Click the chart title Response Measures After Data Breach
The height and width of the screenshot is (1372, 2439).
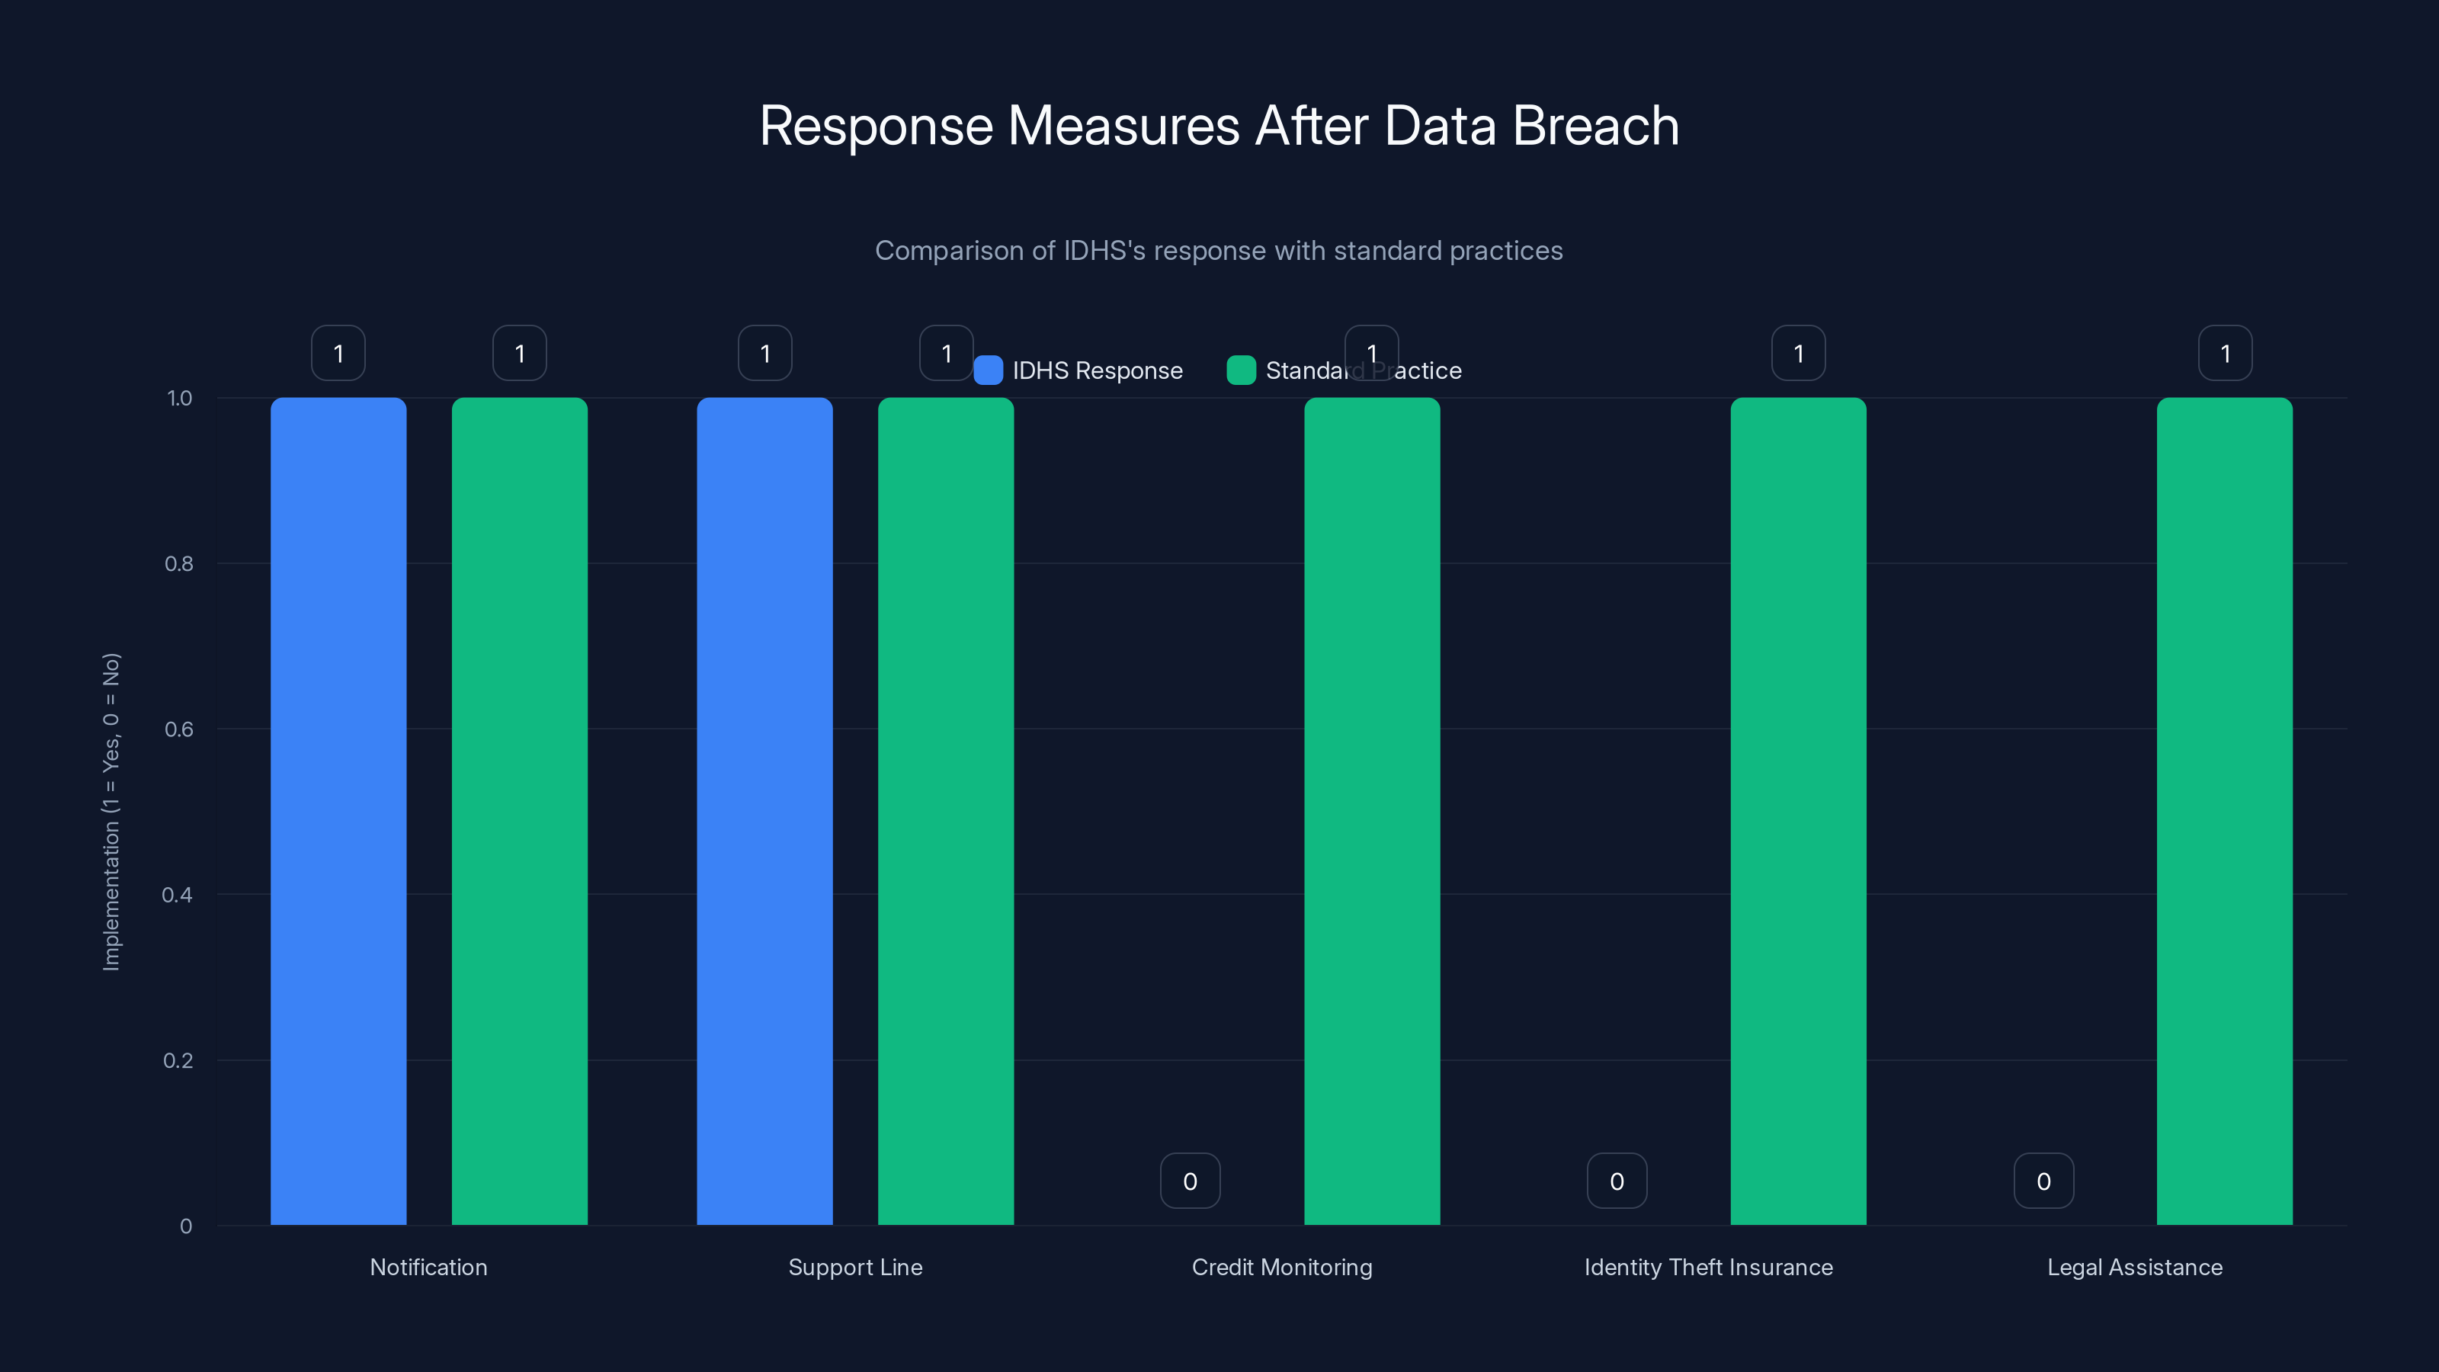coord(1219,126)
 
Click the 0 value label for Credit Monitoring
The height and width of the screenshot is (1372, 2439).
coord(1190,1181)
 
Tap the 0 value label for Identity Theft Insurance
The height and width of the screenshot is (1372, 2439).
coord(1616,1181)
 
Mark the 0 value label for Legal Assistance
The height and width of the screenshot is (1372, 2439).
coord(2043,1181)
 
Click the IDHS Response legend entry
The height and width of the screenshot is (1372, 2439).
coord(1078,370)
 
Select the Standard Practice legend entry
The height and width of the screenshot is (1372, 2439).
coord(1344,370)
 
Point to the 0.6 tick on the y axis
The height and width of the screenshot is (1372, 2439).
coord(179,729)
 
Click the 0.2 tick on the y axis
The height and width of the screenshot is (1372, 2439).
coord(178,1060)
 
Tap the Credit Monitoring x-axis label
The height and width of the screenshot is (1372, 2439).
coord(1281,1267)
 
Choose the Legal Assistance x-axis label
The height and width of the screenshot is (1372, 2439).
coord(2134,1267)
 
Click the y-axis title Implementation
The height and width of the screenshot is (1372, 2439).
coord(112,812)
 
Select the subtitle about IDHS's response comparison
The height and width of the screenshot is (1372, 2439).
coord(1219,251)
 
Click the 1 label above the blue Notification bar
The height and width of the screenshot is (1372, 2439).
coord(338,353)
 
